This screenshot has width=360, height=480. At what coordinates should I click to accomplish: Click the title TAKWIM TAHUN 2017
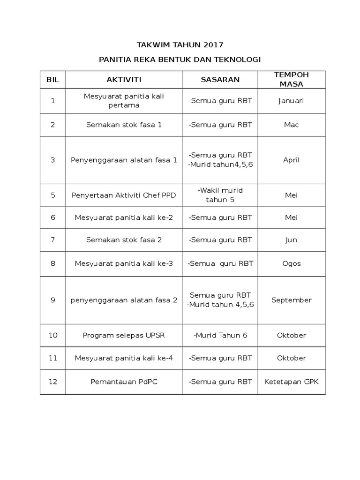tap(180, 45)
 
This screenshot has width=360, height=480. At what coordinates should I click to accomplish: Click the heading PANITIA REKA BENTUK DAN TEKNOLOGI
tap(180, 60)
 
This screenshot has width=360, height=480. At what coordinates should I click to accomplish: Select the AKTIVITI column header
tap(124, 80)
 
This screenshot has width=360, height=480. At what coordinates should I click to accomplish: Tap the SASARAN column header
tap(220, 80)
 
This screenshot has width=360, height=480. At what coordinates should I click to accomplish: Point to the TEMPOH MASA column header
tap(291, 80)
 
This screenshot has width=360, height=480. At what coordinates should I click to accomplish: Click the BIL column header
tap(53, 80)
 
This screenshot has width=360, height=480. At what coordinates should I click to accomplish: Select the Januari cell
tap(291, 101)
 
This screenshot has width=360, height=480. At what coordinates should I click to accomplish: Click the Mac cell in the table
tap(291, 125)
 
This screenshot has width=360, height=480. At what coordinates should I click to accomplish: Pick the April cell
tap(291, 160)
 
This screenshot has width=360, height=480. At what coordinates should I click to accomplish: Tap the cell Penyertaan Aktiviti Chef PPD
tap(124, 195)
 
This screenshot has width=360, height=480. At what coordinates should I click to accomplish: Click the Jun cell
tap(291, 240)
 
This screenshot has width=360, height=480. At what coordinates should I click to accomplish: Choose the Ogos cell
tap(291, 263)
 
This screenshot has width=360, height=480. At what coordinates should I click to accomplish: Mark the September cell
tap(291, 300)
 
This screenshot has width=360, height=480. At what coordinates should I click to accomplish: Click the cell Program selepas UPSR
tap(124, 335)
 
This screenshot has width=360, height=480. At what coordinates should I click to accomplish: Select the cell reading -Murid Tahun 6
tap(220, 335)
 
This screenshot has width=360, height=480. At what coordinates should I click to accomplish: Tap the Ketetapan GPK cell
tap(291, 382)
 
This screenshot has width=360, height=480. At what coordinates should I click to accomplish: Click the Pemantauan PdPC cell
tap(124, 382)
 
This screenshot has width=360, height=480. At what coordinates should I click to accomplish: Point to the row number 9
tap(53, 300)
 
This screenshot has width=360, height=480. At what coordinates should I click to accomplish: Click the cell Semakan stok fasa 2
tap(124, 240)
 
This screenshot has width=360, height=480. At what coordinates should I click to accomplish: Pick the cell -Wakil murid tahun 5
tap(220, 195)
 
